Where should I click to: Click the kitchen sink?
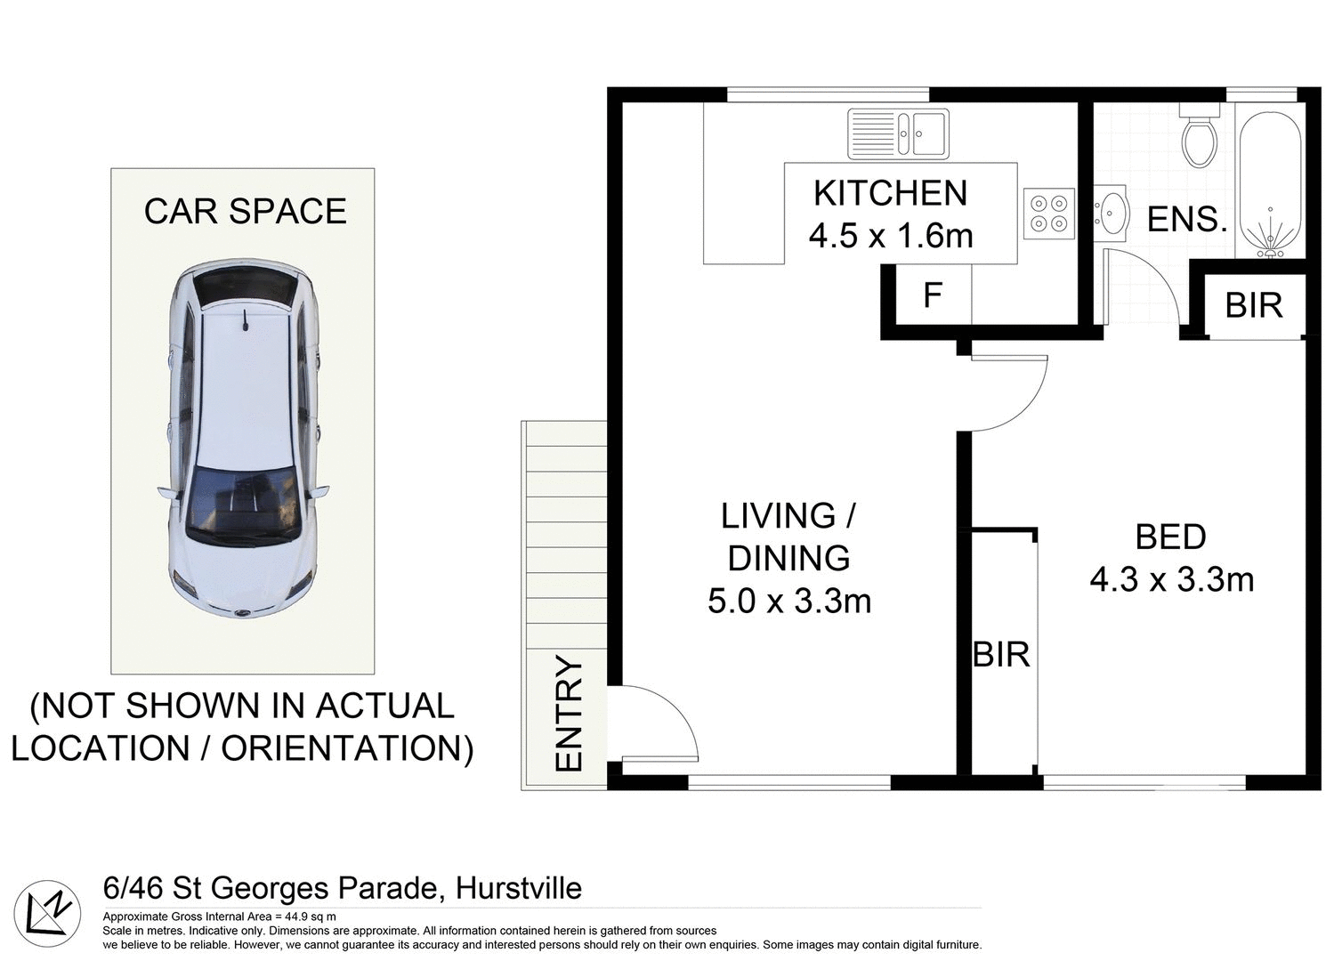click(898, 133)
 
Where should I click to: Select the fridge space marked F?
click(932, 295)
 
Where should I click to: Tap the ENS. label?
click(1186, 220)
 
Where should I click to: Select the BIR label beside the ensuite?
click(1253, 305)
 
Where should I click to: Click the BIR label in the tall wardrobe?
click(1001, 655)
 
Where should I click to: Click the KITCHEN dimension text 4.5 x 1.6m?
click(890, 236)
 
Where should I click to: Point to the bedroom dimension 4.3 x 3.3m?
click(1171, 580)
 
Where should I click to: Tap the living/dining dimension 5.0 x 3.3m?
click(788, 602)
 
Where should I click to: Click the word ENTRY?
click(569, 714)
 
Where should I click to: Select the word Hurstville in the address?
click(518, 888)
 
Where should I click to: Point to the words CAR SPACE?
click(245, 212)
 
